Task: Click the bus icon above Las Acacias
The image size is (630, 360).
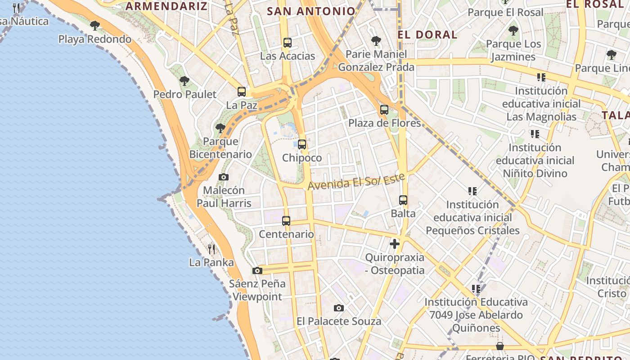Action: click(288, 43)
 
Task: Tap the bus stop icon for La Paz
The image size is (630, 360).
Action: click(242, 92)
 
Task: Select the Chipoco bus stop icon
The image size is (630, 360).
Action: click(302, 144)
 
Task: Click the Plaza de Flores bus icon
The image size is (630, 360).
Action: click(384, 109)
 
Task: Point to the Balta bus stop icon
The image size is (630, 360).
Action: click(403, 200)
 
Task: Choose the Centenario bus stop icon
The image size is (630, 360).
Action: click(286, 220)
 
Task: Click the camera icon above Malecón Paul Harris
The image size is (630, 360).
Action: click(224, 177)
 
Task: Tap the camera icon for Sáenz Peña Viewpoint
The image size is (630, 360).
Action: click(257, 270)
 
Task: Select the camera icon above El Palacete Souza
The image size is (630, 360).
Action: click(339, 308)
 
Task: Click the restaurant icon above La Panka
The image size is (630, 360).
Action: click(211, 249)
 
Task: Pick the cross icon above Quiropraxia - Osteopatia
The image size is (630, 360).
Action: click(395, 244)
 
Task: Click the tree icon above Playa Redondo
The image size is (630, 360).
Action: click(95, 26)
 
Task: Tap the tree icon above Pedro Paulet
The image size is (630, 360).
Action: click(184, 81)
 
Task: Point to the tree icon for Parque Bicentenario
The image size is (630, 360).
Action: click(220, 128)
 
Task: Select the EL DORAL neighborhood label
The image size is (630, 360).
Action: click(427, 35)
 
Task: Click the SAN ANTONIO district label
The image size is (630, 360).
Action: click(311, 11)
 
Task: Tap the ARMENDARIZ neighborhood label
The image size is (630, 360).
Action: click(166, 6)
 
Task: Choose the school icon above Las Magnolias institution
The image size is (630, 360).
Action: click(541, 77)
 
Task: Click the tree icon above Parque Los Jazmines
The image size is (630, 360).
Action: click(513, 31)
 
